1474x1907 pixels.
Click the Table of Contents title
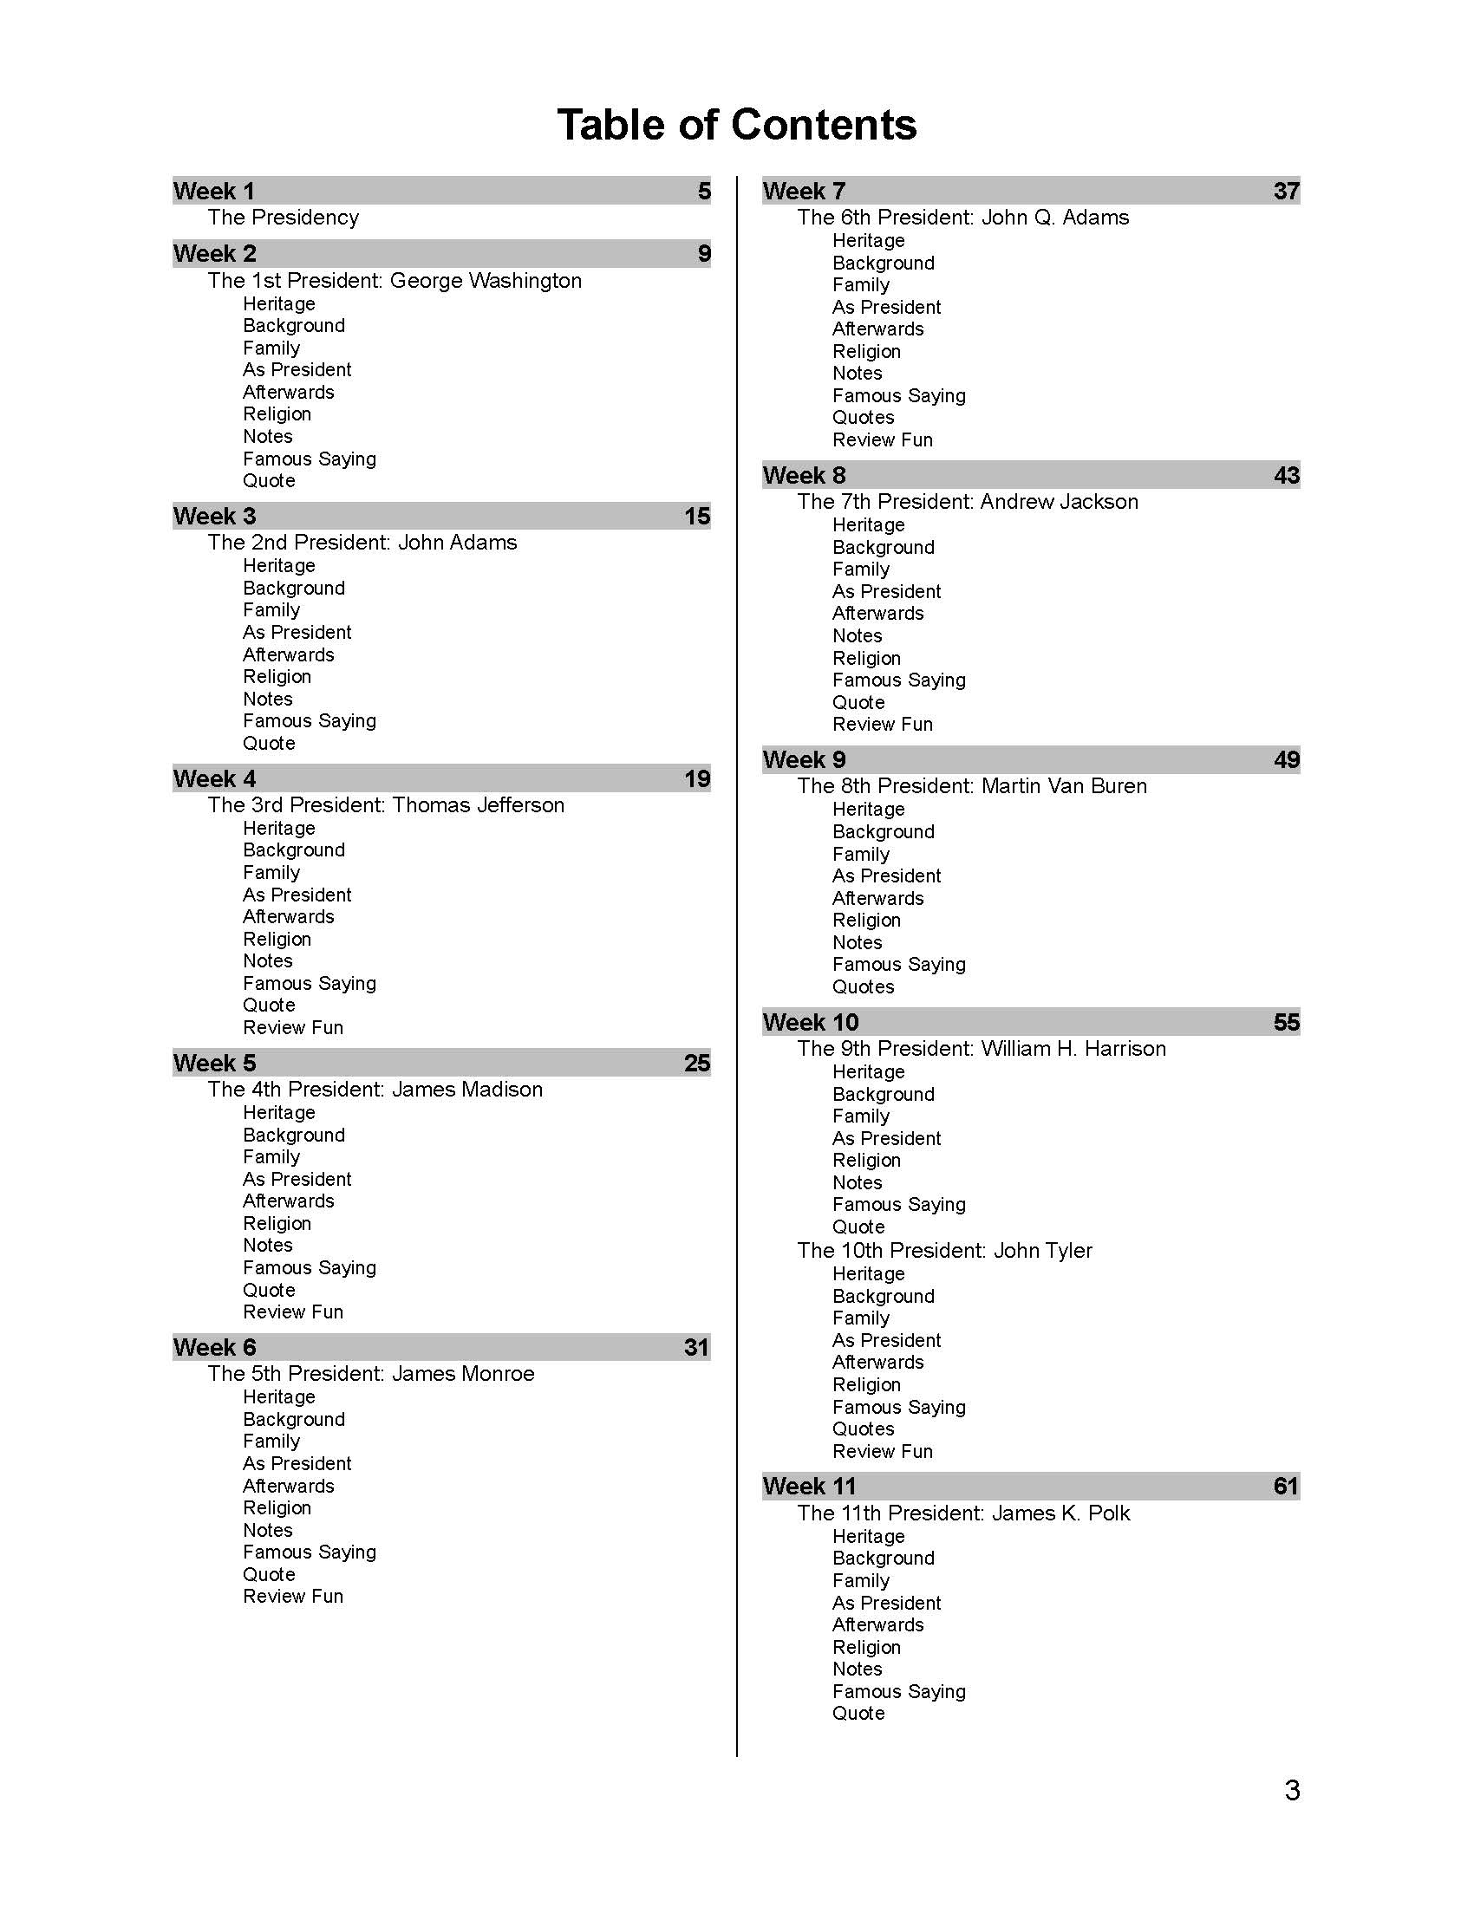[736, 124]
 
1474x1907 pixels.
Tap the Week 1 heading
[214, 191]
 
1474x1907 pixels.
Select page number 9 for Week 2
[704, 254]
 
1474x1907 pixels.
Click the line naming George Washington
[395, 280]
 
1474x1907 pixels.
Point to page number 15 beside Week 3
[697, 516]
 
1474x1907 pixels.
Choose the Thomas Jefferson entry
[386, 805]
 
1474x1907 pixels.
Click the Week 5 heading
[215, 1063]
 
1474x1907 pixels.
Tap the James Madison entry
[375, 1090]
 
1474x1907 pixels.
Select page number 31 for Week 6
[697, 1347]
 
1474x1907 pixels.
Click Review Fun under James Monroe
[293, 1596]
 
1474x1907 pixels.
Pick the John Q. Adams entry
[963, 218]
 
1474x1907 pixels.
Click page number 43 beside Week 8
[1286, 476]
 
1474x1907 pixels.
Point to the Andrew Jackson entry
[968, 502]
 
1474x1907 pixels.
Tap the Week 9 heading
[805, 759]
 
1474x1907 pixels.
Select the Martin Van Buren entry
[972, 786]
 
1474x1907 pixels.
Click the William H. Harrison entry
[982, 1049]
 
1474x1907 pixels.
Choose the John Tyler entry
[945, 1250]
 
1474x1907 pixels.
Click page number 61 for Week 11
[1286, 1486]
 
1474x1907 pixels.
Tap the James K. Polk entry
[964, 1513]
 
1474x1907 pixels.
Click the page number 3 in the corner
[1293, 1791]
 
